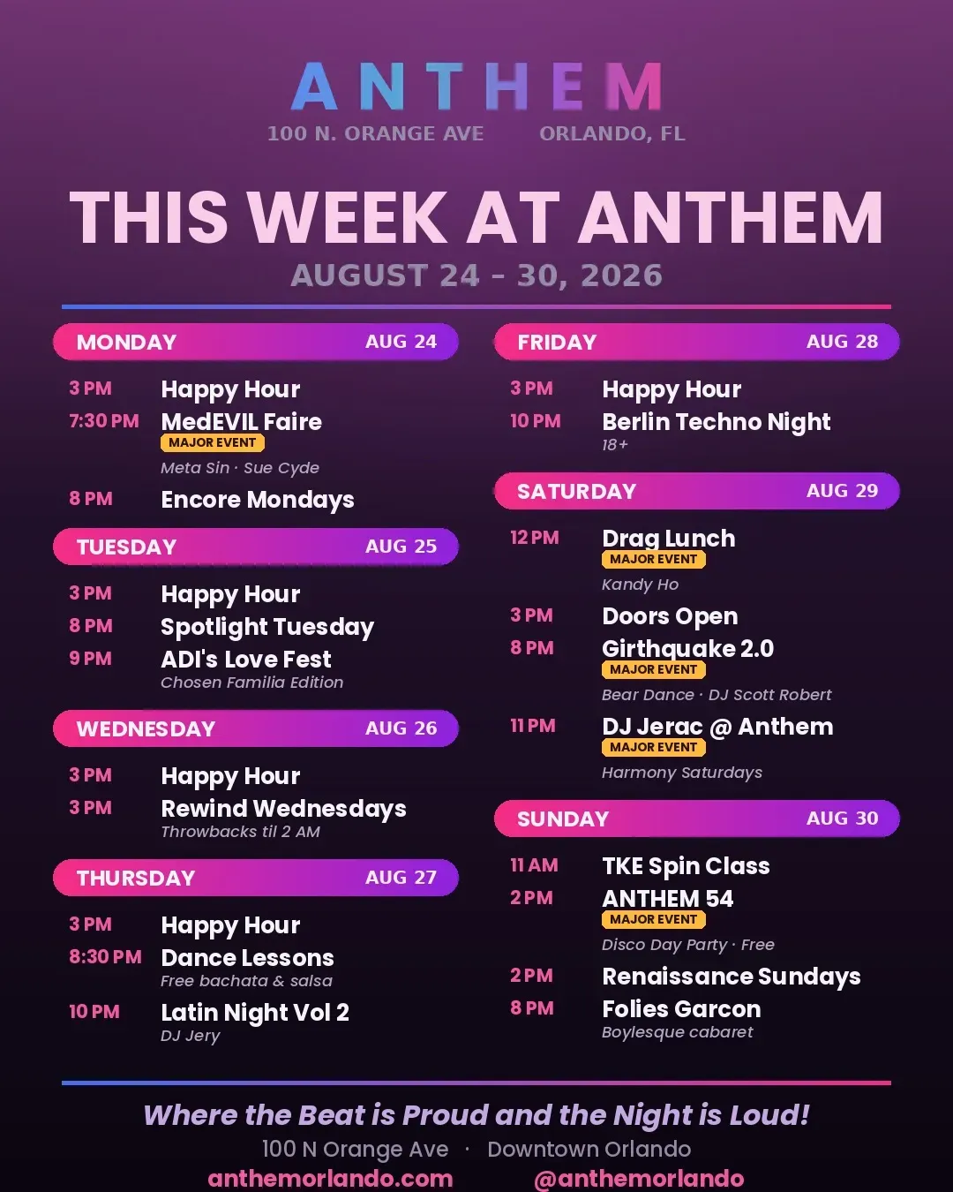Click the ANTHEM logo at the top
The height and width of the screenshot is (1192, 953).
click(x=476, y=87)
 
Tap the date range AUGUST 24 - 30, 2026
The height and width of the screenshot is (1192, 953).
click(x=476, y=275)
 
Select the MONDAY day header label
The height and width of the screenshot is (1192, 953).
click(x=126, y=343)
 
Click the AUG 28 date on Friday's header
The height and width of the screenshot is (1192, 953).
click(x=842, y=341)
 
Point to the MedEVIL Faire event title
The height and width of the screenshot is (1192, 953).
click(x=242, y=422)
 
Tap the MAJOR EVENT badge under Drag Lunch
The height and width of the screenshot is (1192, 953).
click(x=653, y=559)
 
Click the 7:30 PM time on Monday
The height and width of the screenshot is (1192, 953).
click(x=104, y=421)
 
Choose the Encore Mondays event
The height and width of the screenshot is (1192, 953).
click(x=258, y=500)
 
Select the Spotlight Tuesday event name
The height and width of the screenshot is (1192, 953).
click(x=267, y=627)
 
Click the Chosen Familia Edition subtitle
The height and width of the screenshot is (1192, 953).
click(x=252, y=683)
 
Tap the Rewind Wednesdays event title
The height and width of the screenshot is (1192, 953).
click(x=283, y=810)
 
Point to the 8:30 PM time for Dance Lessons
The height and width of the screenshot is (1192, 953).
click(x=105, y=957)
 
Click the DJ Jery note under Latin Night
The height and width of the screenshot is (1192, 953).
click(x=191, y=1036)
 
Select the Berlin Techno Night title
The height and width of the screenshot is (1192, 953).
click(x=717, y=422)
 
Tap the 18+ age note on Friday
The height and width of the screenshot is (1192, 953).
click(x=615, y=445)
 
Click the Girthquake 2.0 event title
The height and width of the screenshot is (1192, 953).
click(x=687, y=649)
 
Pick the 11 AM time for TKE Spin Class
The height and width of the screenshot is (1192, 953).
click(x=534, y=865)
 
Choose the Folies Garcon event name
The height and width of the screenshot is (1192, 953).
click(x=682, y=1009)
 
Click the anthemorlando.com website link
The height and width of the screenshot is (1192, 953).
click(x=331, y=1179)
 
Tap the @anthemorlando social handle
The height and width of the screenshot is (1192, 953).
click(x=639, y=1179)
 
